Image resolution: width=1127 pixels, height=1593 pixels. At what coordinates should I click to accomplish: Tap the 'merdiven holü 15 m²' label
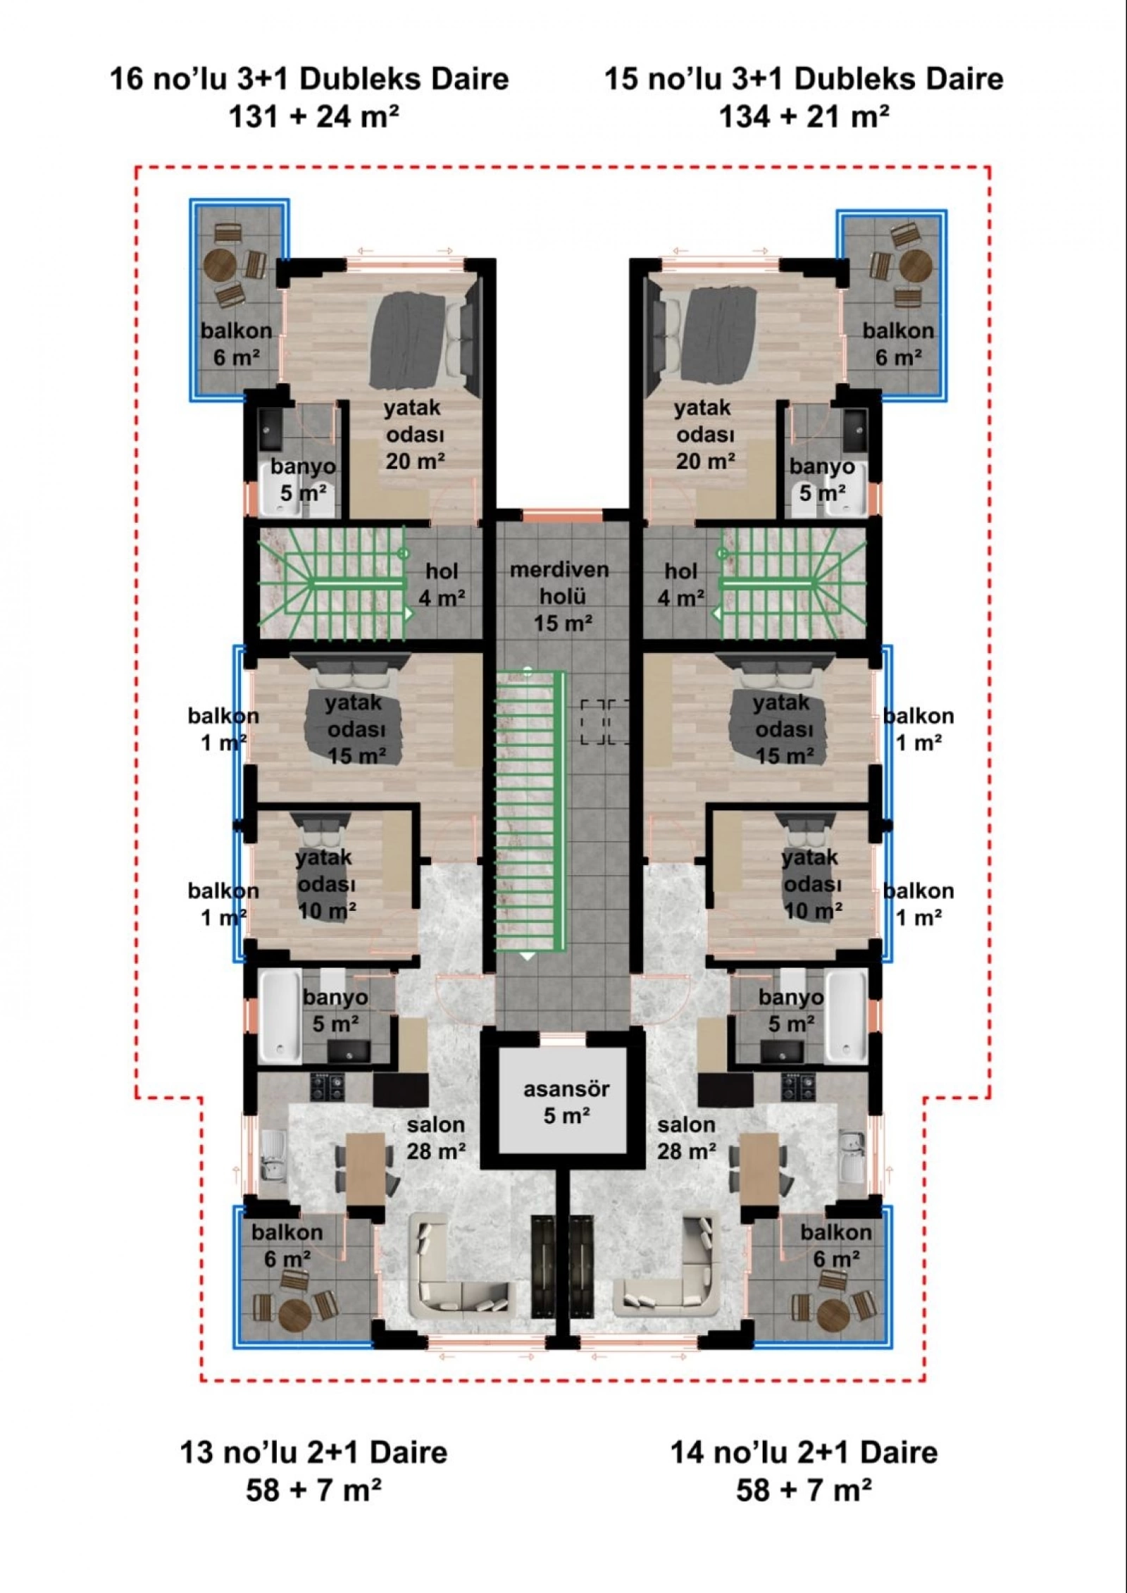(x=560, y=596)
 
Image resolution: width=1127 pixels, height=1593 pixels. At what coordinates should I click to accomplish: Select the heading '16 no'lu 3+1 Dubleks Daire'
(x=309, y=78)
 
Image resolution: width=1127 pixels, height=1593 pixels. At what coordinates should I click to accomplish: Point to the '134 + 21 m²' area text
(x=804, y=116)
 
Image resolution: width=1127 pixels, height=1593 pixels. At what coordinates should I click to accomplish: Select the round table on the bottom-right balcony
(x=835, y=1312)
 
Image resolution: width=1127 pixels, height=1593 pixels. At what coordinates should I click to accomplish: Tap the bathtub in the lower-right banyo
(x=846, y=1017)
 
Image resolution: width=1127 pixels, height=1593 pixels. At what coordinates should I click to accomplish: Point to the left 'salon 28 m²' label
(x=436, y=1138)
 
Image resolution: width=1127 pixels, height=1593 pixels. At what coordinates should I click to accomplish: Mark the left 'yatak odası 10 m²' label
(x=325, y=884)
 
